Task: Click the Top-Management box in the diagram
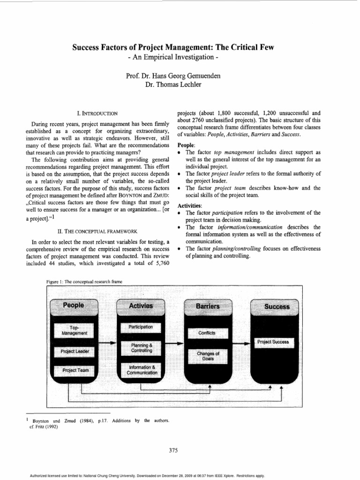click(x=74, y=330)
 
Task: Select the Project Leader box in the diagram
click(x=74, y=351)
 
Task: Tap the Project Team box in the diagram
click(x=74, y=370)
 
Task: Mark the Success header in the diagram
click(x=277, y=307)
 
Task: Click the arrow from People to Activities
click(x=109, y=344)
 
